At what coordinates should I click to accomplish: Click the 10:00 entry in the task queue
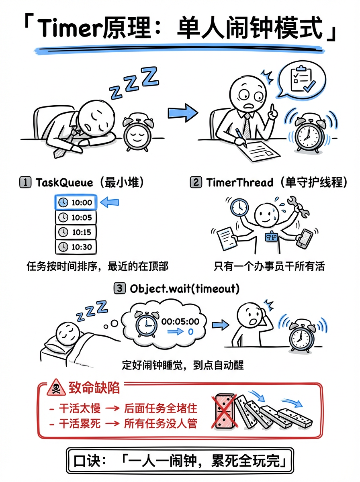pyautogui.click(x=76, y=202)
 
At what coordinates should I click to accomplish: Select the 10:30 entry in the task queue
pyautogui.click(x=76, y=247)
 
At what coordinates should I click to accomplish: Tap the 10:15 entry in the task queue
pyautogui.click(x=76, y=232)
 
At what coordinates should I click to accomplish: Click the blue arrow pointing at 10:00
pyautogui.click(x=109, y=202)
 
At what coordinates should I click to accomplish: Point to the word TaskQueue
pyautogui.click(x=64, y=183)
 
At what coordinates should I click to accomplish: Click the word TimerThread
pyautogui.click(x=239, y=182)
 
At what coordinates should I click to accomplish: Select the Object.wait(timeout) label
pyautogui.click(x=184, y=288)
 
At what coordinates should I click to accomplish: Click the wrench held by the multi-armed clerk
pyautogui.click(x=298, y=206)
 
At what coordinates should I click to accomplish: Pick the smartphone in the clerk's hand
pyautogui.click(x=305, y=239)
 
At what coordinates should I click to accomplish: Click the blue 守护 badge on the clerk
pyautogui.click(x=271, y=237)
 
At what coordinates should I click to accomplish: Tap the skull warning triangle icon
pyautogui.click(x=56, y=388)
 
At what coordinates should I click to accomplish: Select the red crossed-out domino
pyautogui.click(x=225, y=411)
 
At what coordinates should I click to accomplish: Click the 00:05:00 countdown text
pyautogui.click(x=180, y=321)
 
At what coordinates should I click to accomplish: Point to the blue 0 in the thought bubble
pyautogui.click(x=191, y=332)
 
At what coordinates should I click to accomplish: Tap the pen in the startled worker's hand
pyautogui.click(x=241, y=138)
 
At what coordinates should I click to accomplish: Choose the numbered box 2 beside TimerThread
pyautogui.click(x=196, y=182)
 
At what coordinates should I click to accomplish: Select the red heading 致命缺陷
pyautogui.click(x=94, y=388)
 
